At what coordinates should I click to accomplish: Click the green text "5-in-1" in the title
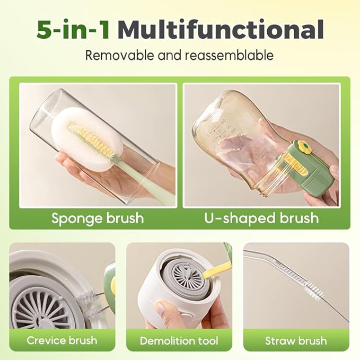point(73,30)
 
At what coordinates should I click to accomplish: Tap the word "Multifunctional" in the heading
point(221,30)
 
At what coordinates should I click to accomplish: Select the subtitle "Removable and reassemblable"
point(180,55)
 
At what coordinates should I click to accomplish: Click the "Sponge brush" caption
point(98,218)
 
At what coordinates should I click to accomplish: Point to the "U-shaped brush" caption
point(261,218)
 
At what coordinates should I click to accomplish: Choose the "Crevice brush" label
point(62,340)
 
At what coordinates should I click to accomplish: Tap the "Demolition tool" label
point(179,340)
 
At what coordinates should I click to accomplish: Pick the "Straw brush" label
point(296,340)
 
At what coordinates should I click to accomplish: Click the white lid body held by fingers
point(159,297)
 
